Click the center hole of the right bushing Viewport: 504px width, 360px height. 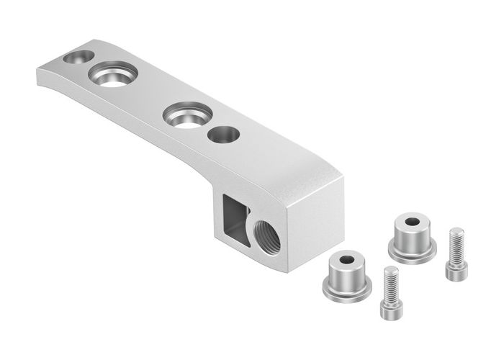point(411,222)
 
